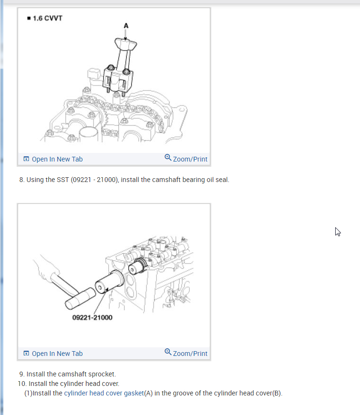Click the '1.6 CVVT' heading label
[x=47, y=18]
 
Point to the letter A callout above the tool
[x=126, y=26]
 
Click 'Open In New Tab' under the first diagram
[x=57, y=159]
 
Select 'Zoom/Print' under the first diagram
[x=190, y=159]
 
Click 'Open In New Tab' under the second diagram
[x=57, y=354]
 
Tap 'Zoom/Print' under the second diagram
[x=190, y=354]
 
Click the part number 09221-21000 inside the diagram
[x=92, y=317]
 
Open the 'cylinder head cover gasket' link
[x=104, y=393]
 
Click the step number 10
[x=22, y=384]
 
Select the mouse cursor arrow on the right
[x=338, y=232]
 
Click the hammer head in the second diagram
[x=80, y=299]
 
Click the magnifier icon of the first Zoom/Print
[x=168, y=158]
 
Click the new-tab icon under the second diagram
[x=26, y=354]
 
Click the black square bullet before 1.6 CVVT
[x=29, y=18]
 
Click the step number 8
[x=22, y=180]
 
